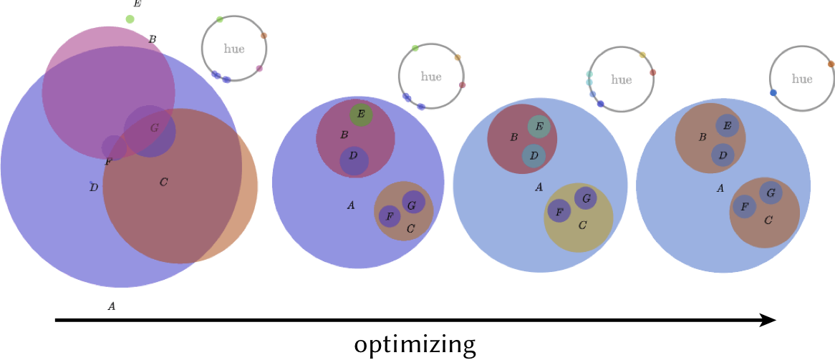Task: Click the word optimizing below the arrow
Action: [x=415, y=345]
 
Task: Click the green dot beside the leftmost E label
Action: [x=130, y=19]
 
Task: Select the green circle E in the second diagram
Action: [x=361, y=114]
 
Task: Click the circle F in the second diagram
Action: [x=390, y=215]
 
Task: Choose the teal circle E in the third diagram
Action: [x=539, y=127]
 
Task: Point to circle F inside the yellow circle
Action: [x=559, y=210]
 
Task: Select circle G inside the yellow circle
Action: [x=585, y=197]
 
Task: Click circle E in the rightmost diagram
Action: [x=727, y=126]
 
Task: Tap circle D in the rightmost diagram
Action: [x=723, y=155]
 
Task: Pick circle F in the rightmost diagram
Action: [x=744, y=207]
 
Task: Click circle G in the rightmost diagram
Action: [x=771, y=193]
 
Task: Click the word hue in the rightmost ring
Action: [x=802, y=79]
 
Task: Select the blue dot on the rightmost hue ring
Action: [x=773, y=93]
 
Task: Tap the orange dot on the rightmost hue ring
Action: [x=831, y=64]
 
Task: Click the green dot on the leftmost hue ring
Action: [x=219, y=19]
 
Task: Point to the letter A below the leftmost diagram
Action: [x=111, y=306]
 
